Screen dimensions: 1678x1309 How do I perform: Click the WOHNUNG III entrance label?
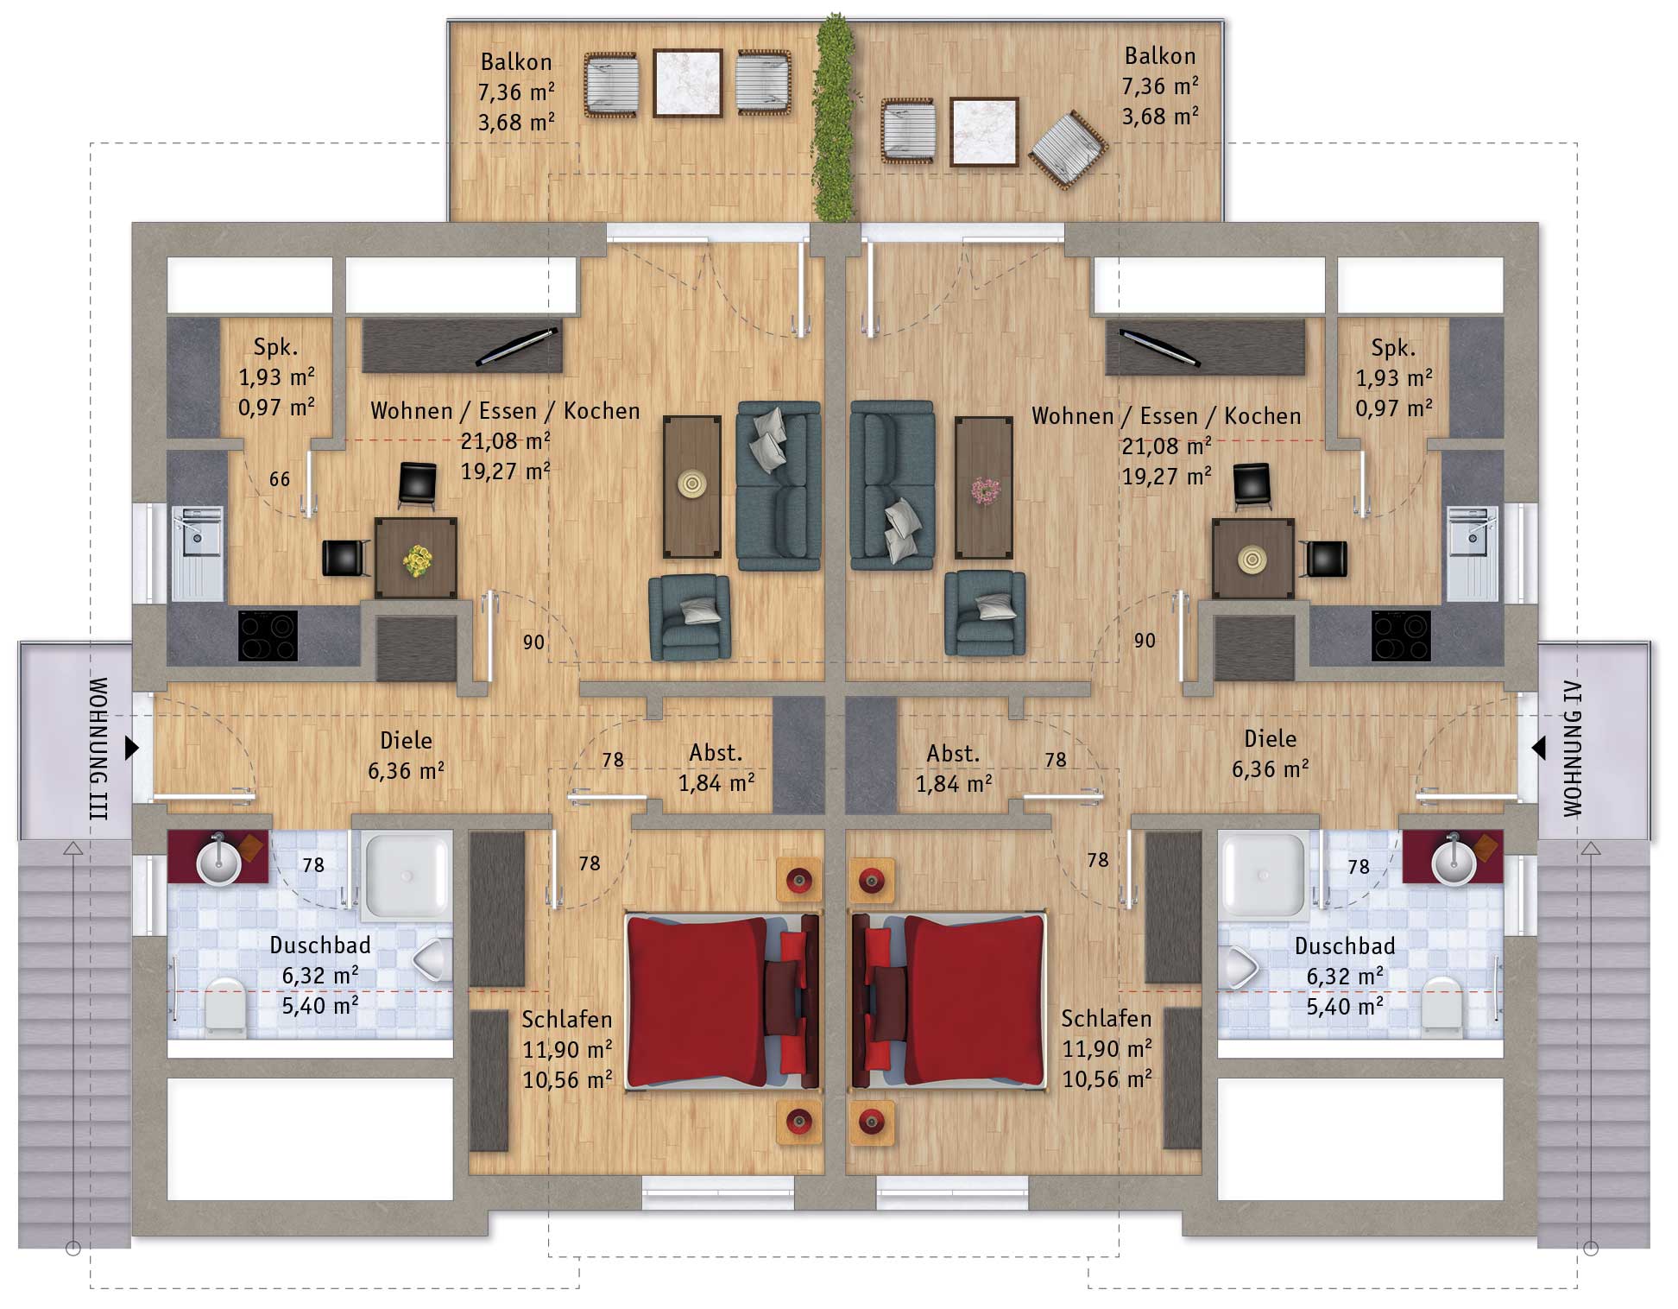(x=98, y=749)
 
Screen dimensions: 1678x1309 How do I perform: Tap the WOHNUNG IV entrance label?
(x=1573, y=749)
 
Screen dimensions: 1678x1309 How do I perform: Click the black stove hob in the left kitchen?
(x=268, y=636)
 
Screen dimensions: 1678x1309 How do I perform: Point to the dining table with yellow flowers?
(x=415, y=558)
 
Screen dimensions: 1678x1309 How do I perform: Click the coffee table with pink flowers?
(x=984, y=488)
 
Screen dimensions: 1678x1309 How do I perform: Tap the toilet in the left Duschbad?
(x=226, y=1006)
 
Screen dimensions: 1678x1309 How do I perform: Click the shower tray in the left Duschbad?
(x=407, y=875)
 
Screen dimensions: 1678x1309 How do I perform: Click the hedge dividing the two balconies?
(x=834, y=117)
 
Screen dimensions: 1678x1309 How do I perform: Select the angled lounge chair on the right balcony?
(x=1069, y=149)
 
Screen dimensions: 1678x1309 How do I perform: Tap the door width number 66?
(x=280, y=479)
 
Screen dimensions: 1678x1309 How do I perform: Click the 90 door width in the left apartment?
(x=533, y=642)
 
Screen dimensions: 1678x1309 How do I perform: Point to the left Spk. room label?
(x=276, y=347)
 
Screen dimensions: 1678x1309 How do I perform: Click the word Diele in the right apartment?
(x=1270, y=739)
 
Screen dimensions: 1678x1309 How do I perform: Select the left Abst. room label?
(x=716, y=753)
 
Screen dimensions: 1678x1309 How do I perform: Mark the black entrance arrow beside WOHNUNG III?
(x=132, y=748)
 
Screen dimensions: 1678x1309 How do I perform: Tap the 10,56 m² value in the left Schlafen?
(x=567, y=1079)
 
